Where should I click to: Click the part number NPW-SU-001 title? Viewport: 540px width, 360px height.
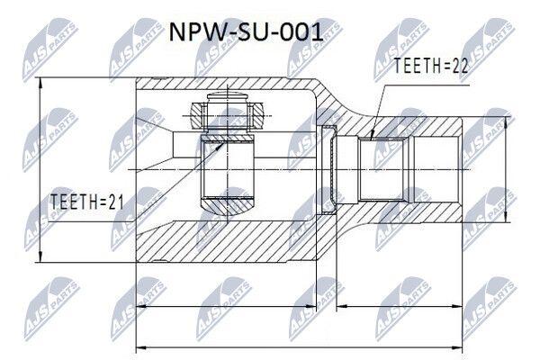click(x=246, y=32)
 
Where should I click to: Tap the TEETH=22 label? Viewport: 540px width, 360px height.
click(x=431, y=66)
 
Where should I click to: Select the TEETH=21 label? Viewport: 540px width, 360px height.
click(x=86, y=202)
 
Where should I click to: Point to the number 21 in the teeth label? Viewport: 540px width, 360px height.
click(x=115, y=202)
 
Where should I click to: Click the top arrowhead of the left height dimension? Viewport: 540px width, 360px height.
click(x=40, y=82)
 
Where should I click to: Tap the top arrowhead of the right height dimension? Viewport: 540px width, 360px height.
click(x=506, y=122)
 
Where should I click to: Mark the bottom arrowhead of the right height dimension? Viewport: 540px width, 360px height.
click(x=506, y=217)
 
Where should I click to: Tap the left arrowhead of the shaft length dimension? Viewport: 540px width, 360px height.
click(x=342, y=306)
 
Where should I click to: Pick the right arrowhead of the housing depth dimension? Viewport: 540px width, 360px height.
click(x=311, y=306)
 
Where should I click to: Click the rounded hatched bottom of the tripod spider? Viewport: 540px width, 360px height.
click(x=228, y=206)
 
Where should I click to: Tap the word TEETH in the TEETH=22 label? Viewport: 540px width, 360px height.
click(x=415, y=66)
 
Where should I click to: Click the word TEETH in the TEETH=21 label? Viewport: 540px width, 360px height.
click(x=72, y=202)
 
